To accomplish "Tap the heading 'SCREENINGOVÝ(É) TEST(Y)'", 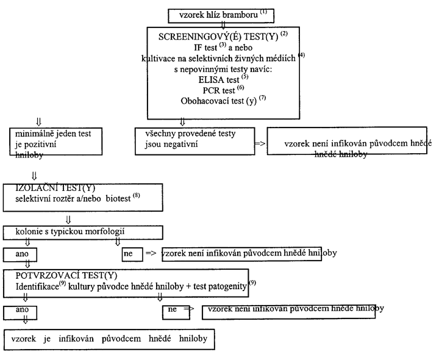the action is point(218,37).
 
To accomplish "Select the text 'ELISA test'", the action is point(219,80).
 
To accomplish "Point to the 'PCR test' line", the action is point(219,90).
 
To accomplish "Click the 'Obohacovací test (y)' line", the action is point(218,101).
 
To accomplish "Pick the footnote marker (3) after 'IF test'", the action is point(223,45).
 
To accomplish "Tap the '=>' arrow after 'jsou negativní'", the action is point(260,144).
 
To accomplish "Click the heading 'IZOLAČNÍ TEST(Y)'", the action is point(55,188).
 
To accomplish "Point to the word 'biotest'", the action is point(118,199).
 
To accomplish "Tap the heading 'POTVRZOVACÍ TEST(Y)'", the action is point(66,276).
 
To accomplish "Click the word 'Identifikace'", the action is point(37,287).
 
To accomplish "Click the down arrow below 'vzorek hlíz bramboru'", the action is point(223,25).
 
